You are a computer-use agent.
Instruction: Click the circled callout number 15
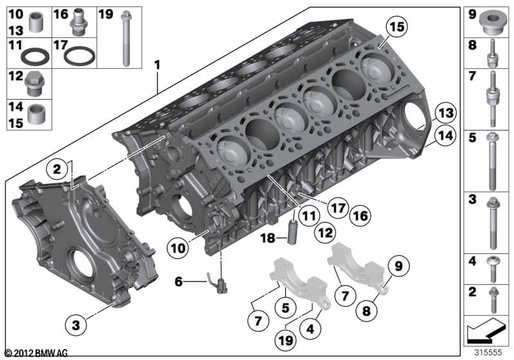tap(397, 27)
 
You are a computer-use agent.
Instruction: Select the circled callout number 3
tap(76, 325)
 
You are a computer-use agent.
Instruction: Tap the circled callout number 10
tap(178, 248)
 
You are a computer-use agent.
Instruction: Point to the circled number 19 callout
tap(285, 340)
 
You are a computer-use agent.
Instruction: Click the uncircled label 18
tap(268, 238)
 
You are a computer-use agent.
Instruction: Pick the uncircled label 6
tap(179, 282)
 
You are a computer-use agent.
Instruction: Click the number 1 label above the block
tap(157, 65)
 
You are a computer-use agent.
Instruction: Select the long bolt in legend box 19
tap(126, 39)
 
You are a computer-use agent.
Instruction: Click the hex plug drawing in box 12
tap(35, 84)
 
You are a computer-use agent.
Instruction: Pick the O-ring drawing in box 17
tap(79, 56)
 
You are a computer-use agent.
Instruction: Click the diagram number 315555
tap(488, 352)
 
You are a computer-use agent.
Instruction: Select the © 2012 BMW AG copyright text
tap(37, 353)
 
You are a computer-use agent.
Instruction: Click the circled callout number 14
tap(445, 136)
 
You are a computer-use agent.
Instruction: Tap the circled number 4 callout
tap(310, 328)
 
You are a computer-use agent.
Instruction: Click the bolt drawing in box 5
tap(492, 161)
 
